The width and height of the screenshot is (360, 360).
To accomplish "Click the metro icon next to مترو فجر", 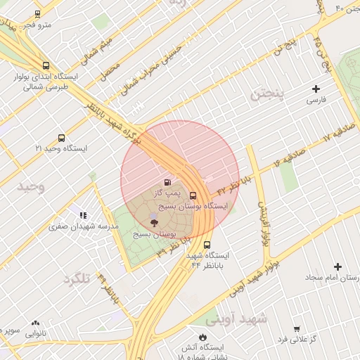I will point(37,13).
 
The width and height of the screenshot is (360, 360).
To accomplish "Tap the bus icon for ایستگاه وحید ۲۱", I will point(61,139).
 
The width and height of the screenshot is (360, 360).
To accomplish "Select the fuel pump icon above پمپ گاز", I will point(167,182).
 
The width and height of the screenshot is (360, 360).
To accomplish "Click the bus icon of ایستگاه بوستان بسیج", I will point(193,196).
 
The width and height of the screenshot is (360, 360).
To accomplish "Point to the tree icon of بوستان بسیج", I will point(155,222).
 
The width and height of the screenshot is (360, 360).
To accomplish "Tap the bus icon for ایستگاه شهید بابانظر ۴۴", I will point(207,245).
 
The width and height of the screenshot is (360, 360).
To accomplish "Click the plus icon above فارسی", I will point(316,89).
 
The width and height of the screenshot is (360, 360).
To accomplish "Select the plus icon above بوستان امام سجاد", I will point(338,266).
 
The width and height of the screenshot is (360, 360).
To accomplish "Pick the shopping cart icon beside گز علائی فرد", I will point(297,328).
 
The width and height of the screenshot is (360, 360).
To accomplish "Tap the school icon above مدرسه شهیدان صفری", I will point(83,215).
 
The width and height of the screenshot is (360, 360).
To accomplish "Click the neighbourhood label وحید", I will point(31,186).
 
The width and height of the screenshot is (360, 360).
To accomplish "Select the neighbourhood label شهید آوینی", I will point(243,319).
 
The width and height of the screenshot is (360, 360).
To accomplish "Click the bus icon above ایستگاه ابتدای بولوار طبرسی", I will point(46,65).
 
